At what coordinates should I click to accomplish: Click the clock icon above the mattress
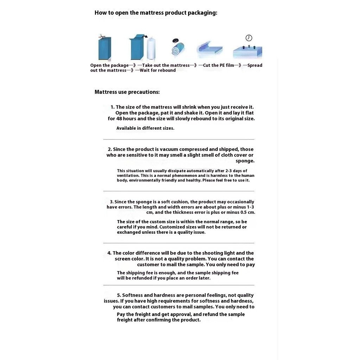click(249, 38)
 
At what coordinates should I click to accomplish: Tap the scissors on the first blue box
click(101, 36)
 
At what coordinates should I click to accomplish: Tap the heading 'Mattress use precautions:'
click(127, 92)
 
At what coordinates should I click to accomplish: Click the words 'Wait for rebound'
click(158, 70)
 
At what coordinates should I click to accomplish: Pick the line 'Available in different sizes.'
click(145, 128)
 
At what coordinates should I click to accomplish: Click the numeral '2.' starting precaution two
click(110, 149)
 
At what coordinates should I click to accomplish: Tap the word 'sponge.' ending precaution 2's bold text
click(245, 161)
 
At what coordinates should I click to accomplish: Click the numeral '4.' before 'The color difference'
click(109, 253)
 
